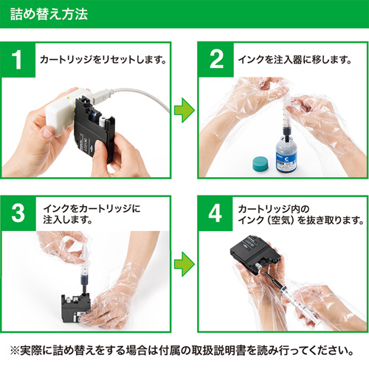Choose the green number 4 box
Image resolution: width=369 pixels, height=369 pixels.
coord(216,212)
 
